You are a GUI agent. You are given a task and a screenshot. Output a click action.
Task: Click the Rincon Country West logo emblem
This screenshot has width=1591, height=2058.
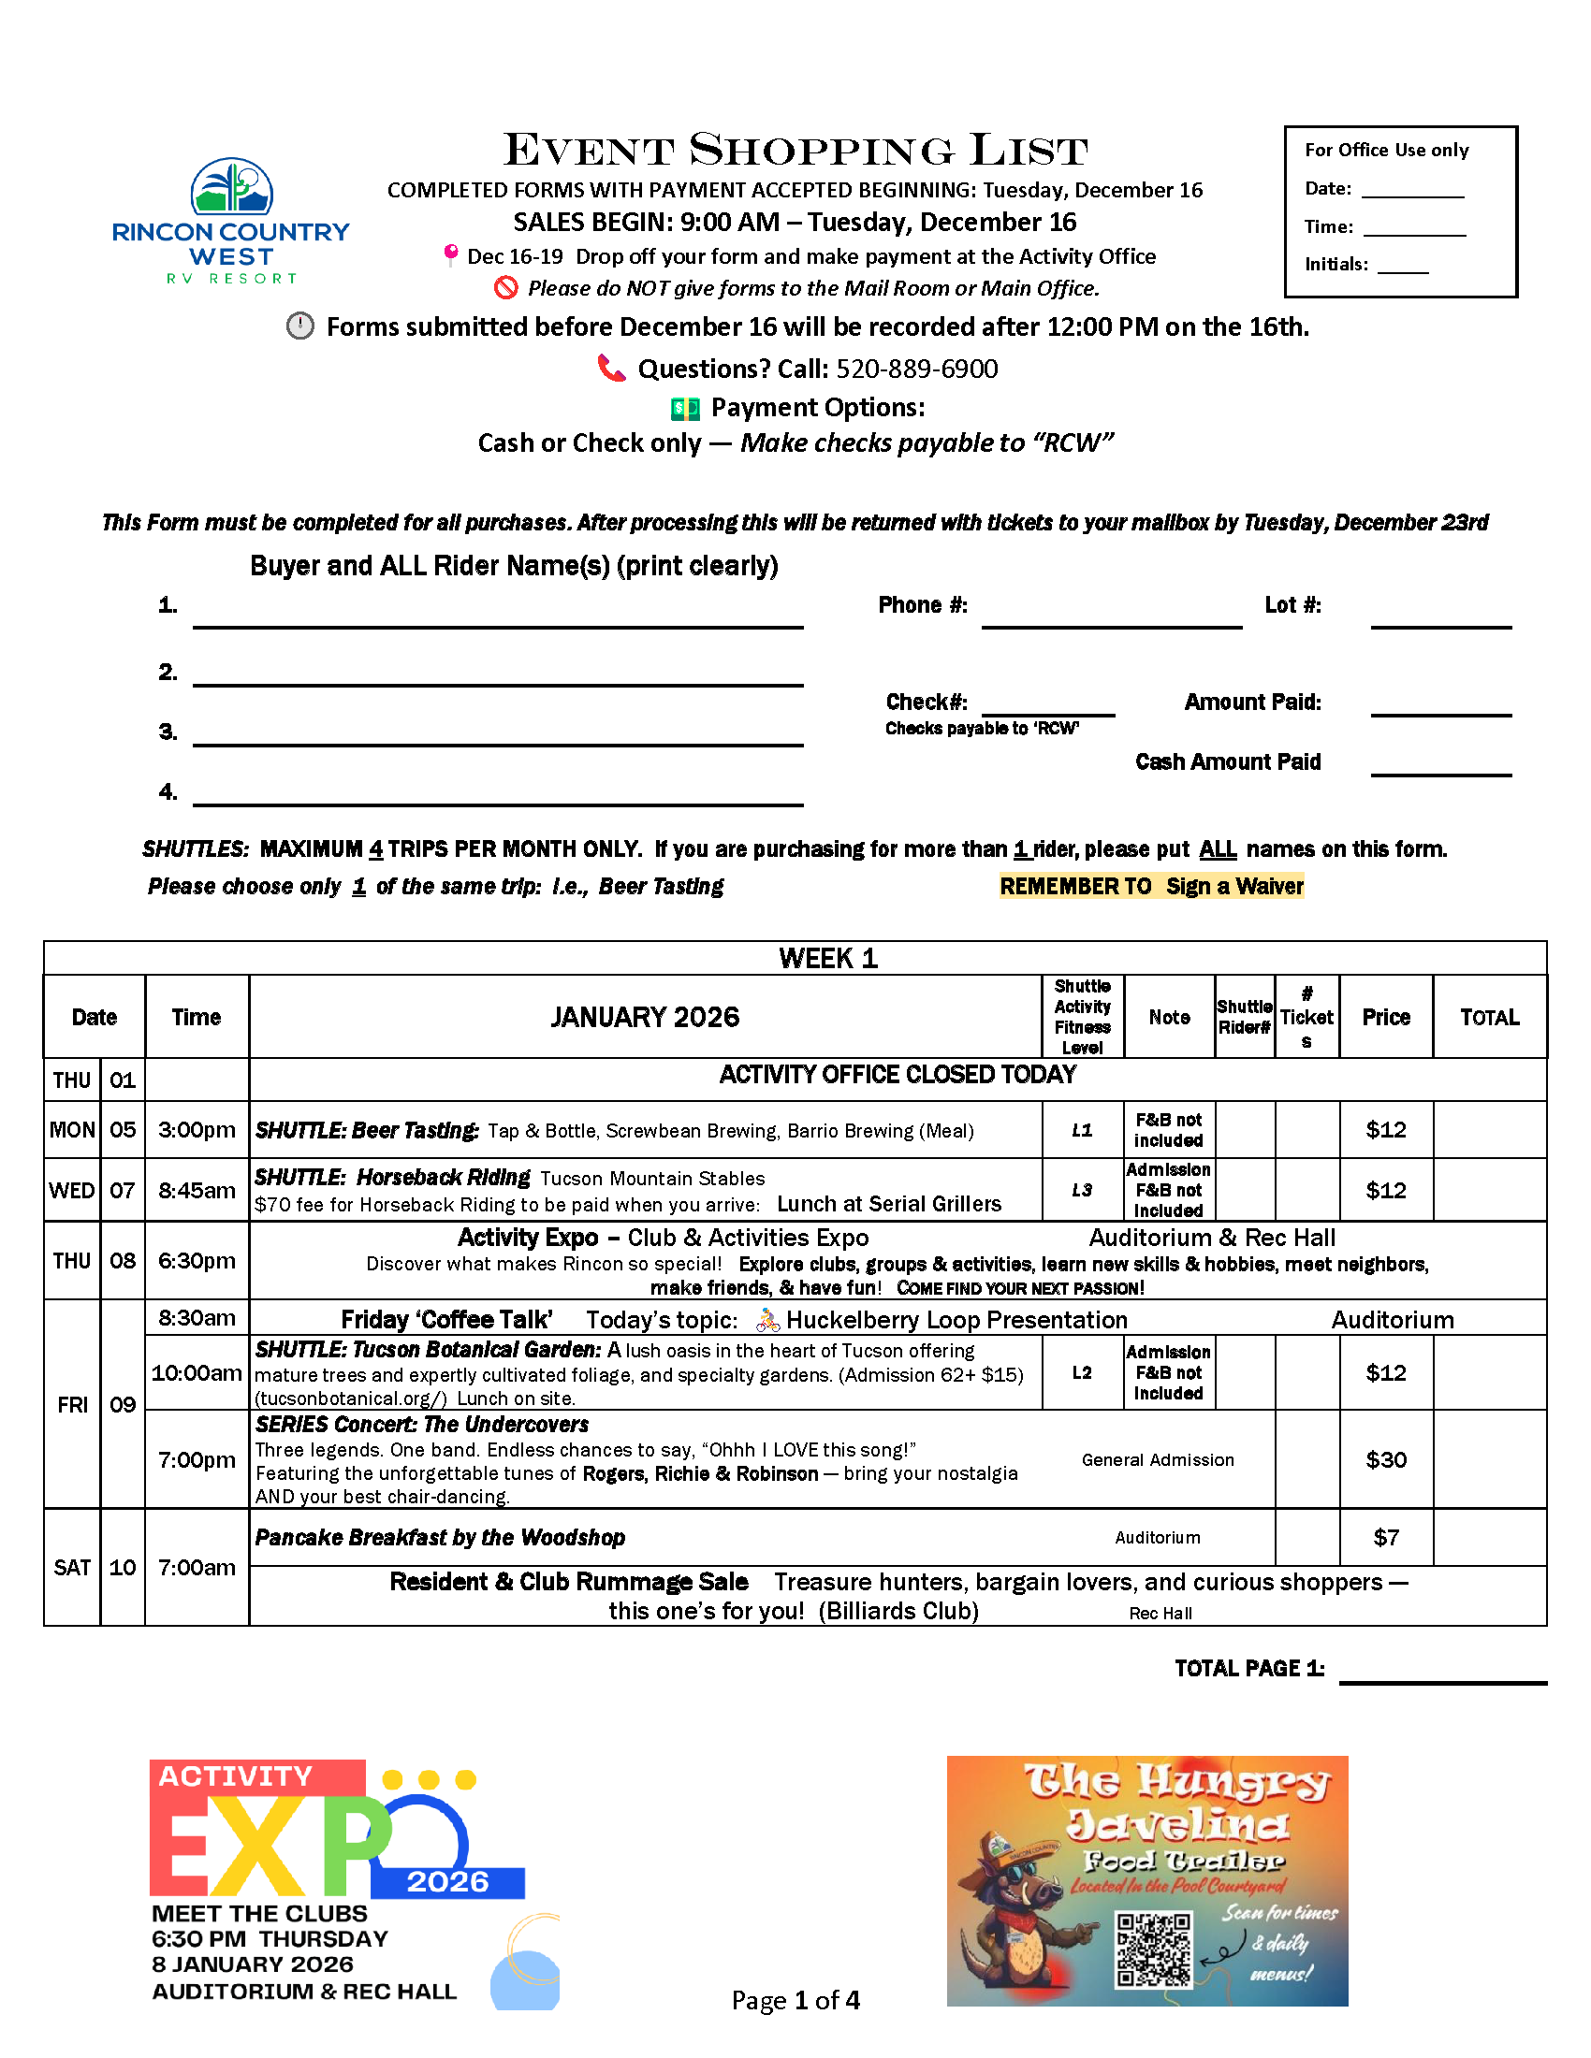tap(232, 185)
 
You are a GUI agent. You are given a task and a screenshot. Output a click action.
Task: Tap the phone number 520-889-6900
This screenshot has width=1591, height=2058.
tap(916, 369)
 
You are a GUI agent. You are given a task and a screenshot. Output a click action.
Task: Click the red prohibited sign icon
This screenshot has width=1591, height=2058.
tap(506, 287)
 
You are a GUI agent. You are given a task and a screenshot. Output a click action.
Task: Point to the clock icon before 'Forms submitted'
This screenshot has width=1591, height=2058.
tap(299, 326)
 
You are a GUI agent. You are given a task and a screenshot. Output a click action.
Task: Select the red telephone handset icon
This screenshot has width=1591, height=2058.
tap(612, 368)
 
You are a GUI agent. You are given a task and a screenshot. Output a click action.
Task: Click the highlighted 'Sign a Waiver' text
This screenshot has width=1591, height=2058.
tap(1233, 886)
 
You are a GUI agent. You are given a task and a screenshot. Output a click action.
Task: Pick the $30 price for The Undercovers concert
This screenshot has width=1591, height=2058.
tap(1385, 1459)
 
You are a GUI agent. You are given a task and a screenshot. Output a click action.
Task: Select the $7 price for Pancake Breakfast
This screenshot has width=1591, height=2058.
tap(1385, 1537)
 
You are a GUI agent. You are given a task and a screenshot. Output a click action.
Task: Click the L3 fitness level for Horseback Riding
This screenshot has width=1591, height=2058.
tap(1082, 1190)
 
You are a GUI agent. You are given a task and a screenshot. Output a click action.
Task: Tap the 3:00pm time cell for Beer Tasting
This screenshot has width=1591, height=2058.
tap(196, 1130)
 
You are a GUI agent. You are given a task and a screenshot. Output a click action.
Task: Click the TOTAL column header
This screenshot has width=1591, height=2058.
tap(1489, 1017)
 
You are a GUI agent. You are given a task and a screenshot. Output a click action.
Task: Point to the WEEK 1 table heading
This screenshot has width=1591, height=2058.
tap(827, 958)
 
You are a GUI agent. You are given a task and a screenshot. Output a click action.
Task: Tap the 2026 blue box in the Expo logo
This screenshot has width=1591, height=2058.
tap(447, 1882)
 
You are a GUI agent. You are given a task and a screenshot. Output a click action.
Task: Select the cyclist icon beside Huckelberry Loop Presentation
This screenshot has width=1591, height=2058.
tap(767, 1320)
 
